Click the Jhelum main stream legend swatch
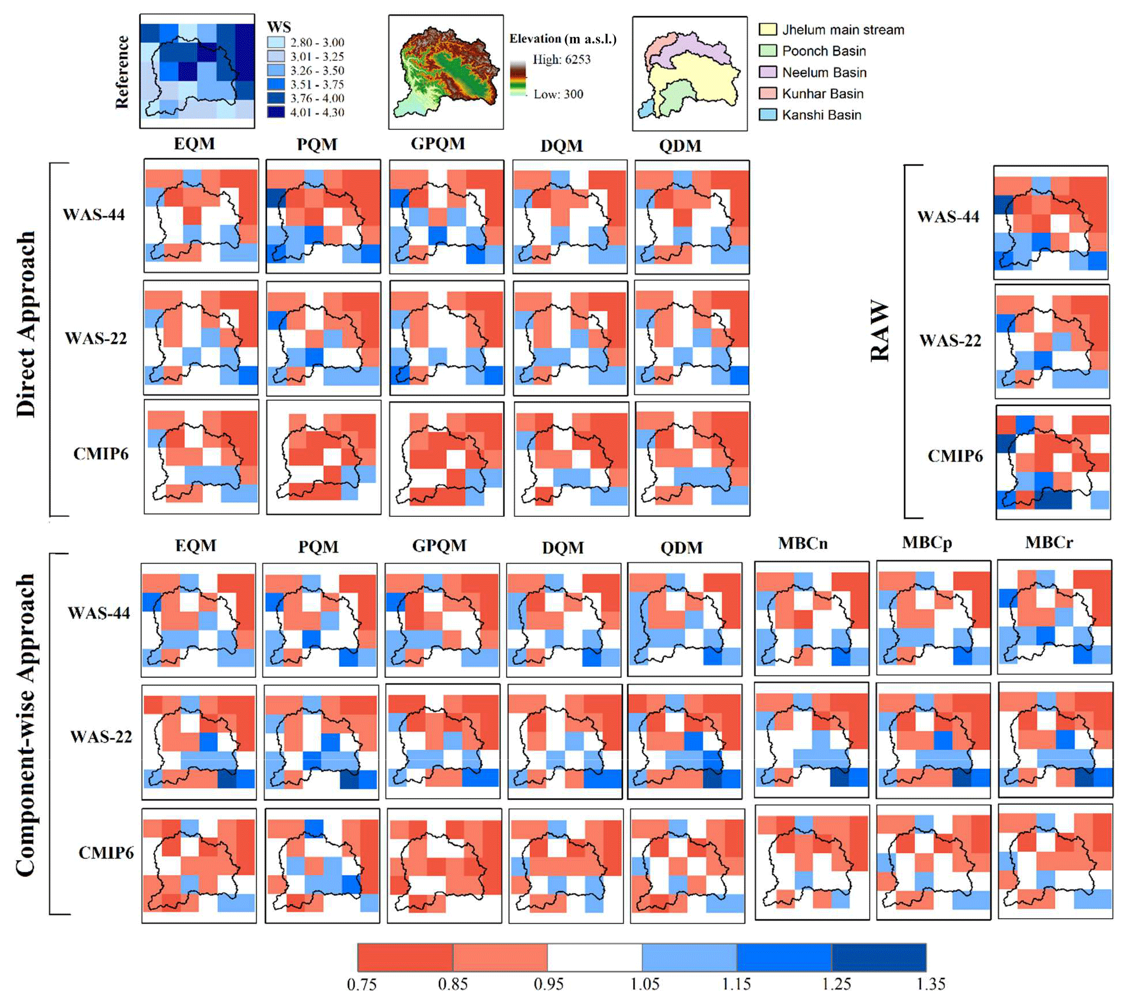click(768, 29)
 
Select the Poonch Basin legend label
click(824, 51)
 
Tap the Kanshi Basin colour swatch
click(768, 114)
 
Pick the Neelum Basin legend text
click(824, 72)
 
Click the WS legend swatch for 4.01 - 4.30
click(275, 112)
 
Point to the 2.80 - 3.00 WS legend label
click(317, 43)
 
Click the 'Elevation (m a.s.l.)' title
click(562, 39)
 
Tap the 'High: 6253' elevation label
click(561, 59)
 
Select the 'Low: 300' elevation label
click(558, 94)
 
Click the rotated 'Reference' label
click(122, 72)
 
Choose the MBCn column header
click(803, 543)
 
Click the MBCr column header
click(1049, 542)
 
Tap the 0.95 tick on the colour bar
click(548, 984)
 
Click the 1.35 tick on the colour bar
click(930, 984)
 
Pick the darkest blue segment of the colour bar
click(879, 957)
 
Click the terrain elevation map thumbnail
click(446, 72)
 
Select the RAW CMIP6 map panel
click(1053, 462)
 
